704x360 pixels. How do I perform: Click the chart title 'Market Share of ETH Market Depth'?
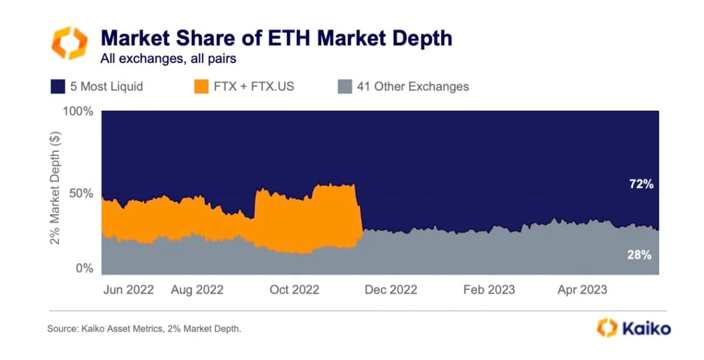[276, 38]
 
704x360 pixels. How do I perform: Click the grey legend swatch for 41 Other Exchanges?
[345, 87]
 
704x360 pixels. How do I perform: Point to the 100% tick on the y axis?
[77, 112]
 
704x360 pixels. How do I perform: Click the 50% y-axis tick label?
[81, 193]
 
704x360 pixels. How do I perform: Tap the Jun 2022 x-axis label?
[128, 290]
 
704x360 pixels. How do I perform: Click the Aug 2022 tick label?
[197, 290]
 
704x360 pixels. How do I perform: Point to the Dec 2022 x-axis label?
[390, 290]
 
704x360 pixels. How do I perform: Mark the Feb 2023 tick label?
[489, 290]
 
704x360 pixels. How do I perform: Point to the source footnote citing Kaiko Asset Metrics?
[144, 329]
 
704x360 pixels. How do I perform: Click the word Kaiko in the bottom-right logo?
[646, 328]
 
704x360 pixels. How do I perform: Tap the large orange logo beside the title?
[69, 43]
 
